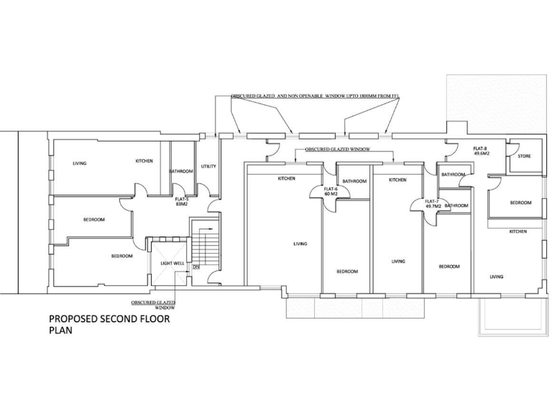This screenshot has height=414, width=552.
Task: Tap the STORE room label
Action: coord(524,155)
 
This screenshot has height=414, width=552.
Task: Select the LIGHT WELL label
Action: coord(172,264)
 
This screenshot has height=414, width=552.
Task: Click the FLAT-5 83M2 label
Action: coord(182,201)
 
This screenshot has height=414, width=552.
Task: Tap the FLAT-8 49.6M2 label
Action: coord(480,151)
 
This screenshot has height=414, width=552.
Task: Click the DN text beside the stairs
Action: coord(195,267)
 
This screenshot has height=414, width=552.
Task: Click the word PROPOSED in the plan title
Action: coord(78,319)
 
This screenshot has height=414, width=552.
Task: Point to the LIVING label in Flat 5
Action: coord(79,163)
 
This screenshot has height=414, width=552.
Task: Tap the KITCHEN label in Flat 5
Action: coord(144,161)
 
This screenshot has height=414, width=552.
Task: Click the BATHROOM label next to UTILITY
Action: coord(180,171)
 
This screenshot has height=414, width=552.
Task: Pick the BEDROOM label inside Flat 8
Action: coord(520,203)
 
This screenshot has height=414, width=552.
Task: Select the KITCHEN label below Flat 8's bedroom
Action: coord(517,231)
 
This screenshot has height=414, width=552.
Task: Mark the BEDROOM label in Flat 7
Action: coord(448,267)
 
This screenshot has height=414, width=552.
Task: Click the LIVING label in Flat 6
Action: coord(300,244)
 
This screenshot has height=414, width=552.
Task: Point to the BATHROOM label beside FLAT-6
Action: coord(354,181)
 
